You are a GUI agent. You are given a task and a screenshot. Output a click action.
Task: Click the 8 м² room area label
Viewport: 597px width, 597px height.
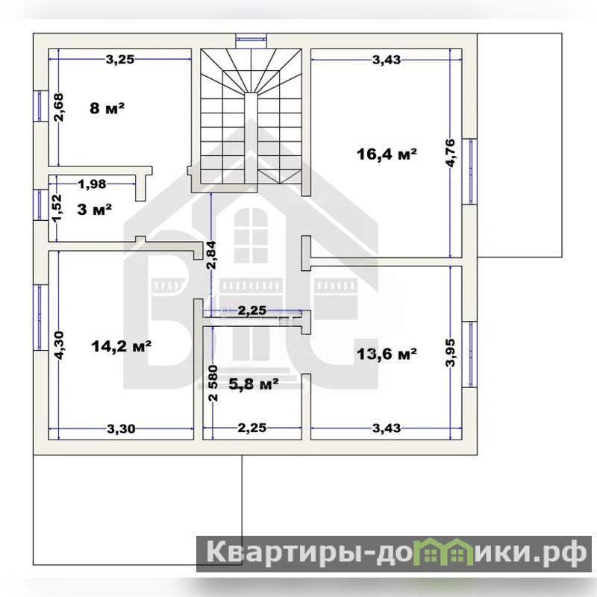pyautogui.click(x=107, y=108)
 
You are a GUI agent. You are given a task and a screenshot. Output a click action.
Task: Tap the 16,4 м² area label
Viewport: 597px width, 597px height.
pyautogui.click(x=387, y=154)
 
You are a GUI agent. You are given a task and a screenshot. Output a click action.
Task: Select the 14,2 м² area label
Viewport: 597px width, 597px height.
pyautogui.click(x=122, y=346)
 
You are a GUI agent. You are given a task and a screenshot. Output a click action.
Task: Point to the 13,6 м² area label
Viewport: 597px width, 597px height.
pyautogui.click(x=387, y=354)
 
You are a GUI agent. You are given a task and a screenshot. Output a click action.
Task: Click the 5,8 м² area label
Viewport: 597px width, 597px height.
pyautogui.click(x=254, y=384)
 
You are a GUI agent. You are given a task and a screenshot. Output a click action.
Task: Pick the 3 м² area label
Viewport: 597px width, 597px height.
pyautogui.click(x=94, y=210)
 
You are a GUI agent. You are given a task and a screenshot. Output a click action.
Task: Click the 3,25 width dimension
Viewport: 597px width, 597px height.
pyautogui.click(x=120, y=60)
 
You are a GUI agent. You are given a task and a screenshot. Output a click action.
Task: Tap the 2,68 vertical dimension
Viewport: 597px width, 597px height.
pyautogui.click(x=59, y=107)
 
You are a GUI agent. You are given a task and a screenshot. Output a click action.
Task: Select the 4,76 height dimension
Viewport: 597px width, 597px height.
pyautogui.click(x=450, y=153)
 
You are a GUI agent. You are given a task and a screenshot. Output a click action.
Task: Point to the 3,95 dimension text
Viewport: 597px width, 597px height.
pyautogui.click(x=451, y=352)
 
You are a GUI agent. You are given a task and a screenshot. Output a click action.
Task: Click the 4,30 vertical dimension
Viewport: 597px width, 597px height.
pyautogui.click(x=59, y=345)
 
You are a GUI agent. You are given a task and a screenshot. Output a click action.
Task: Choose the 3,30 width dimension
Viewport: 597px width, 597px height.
pyautogui.click(x=121, y=429)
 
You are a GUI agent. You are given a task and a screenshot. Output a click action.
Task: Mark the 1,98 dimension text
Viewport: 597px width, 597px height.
pyautogui.click(x=92, y=184)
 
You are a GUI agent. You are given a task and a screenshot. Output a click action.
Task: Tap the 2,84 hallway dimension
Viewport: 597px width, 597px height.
pyautogui.click(x=211, y=255)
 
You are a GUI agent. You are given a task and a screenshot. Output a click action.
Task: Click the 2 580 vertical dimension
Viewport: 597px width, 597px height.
pyautogui.click(x=213, y=384)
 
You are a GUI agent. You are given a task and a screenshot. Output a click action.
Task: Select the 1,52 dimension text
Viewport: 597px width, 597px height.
pyautogui.click(x=57, y=208)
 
